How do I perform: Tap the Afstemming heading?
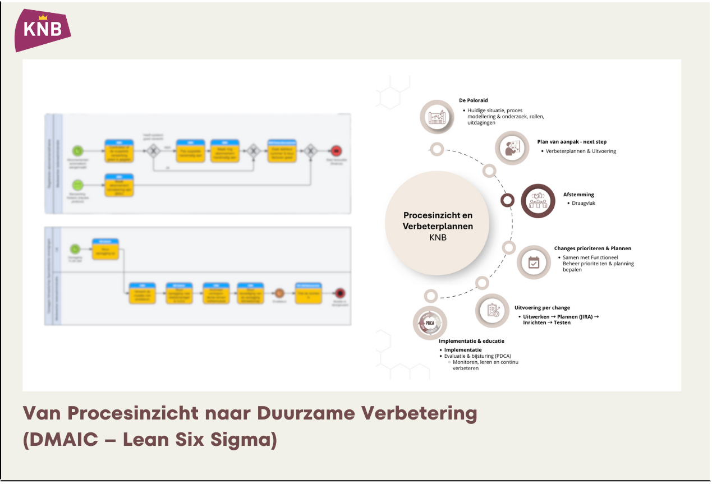pos(578,195)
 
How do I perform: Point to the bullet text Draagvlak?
pos(584,203)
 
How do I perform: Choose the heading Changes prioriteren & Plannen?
pos(592,248)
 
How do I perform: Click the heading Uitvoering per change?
pos(542,308)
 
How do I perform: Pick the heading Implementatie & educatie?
pos(471,341)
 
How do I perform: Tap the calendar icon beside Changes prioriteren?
pos(534,262)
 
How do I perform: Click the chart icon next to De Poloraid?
pos(437,117)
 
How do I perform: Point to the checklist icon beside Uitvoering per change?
pos(493,310)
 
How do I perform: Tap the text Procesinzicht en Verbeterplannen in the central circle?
pos(438,221)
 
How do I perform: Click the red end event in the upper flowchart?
pos(336,150)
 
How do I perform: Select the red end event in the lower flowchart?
pos(339,292)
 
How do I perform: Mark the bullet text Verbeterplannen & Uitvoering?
pos(581,151)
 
